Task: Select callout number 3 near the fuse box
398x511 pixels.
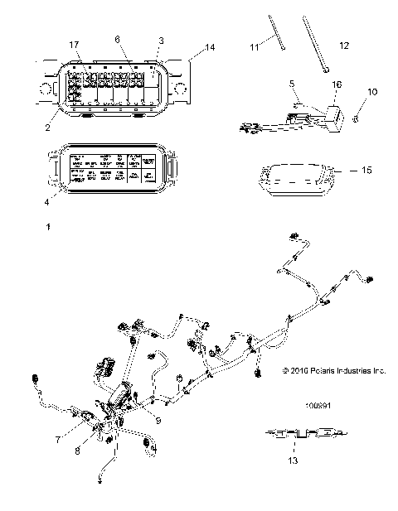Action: [161, 41]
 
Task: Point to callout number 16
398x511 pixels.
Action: [335, 85]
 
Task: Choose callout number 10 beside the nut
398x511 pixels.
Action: [371, 90]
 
